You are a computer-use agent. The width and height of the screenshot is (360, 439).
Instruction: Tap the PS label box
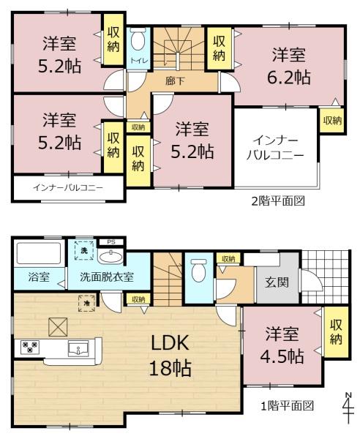[x=111, y=242]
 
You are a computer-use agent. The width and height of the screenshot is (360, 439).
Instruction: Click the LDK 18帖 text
[x=170, y=355]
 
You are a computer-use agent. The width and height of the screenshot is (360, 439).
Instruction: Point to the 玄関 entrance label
[x=277, y=282]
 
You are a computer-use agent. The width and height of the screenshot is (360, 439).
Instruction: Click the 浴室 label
[x=39, y=277]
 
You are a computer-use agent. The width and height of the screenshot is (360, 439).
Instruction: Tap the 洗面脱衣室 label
[x=107, y=277]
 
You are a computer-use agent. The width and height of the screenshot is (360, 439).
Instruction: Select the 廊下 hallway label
[x=175, y=81]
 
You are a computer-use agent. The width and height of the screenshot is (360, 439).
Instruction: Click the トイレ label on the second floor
[x=138, y=61]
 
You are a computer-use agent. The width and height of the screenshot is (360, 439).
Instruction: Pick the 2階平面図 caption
[x=278, y=200]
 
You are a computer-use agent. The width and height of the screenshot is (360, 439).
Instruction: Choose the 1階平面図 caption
[x=288, y=405]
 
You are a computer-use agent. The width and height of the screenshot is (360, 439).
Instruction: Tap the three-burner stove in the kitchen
[x=30, y=347]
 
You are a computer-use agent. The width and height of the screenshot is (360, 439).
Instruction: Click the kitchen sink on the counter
[x=78, y=349]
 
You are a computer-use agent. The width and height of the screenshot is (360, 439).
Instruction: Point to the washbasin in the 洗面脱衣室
[x=111, y=257]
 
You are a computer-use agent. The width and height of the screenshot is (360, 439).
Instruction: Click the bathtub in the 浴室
[x=39, y=253]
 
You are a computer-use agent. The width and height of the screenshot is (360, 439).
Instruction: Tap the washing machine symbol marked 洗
[x=84, y=250]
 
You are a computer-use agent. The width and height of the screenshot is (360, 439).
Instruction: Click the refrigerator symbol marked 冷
[x=87, y=303]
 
